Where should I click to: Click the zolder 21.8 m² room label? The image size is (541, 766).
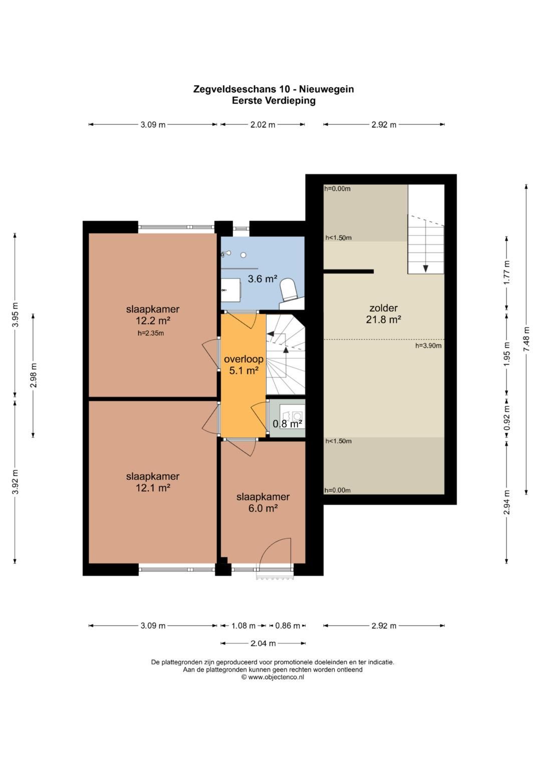point(383,314)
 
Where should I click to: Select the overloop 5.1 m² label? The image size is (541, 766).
point(243,365)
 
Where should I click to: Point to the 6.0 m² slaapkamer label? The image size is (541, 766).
point(263,502)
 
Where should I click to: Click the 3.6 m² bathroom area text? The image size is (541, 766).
point(262,279)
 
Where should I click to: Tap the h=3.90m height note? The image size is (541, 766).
point(428,346)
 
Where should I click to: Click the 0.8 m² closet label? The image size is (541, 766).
point(287,424)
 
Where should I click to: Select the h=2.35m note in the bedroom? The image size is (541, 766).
point(151,333)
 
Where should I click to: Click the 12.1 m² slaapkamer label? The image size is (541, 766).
point(153,482)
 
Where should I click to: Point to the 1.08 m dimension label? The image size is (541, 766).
point(243,626)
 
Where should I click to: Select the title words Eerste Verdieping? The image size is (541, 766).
point(274,101)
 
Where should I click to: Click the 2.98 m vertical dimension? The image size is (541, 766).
point(34,376)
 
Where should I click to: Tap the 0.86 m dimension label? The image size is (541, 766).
point(288,626)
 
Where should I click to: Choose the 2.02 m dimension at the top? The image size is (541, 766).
point(262,125)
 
